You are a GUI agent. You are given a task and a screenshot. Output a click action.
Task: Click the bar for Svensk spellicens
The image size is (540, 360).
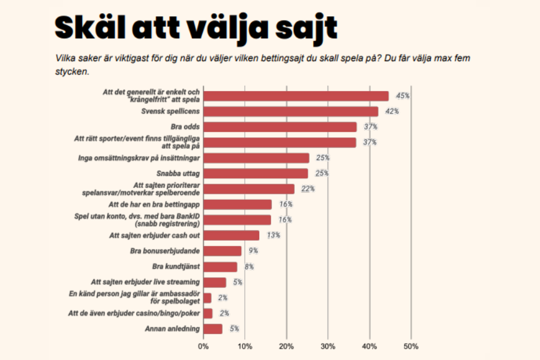[x=291, y=111]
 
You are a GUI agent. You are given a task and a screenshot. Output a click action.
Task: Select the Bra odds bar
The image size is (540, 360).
[x=280, y=127]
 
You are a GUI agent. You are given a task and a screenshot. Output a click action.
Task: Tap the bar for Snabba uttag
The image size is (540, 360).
[x=256, y=173]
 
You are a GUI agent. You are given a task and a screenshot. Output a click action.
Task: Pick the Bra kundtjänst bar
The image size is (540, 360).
[x=220, y=267]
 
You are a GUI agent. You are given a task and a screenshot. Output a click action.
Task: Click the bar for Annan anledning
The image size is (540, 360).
[x=213, y=329]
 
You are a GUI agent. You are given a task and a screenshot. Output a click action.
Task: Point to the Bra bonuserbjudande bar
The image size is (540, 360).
[x=223, y=251]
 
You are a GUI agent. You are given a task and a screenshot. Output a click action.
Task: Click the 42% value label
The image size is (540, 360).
[x=391, y=112]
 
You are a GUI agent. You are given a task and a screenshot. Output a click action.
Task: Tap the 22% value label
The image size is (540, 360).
[x=308, y=189]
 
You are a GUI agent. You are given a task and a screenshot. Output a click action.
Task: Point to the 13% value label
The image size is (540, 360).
[x=273, y=235]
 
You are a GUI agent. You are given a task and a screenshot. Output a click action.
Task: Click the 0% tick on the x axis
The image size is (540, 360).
[x=203, y=346]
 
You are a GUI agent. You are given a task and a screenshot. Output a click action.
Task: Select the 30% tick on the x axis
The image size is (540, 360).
[x=328, y=346]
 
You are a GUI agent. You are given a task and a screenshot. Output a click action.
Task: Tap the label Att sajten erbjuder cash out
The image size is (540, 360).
[x=154, y=236]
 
